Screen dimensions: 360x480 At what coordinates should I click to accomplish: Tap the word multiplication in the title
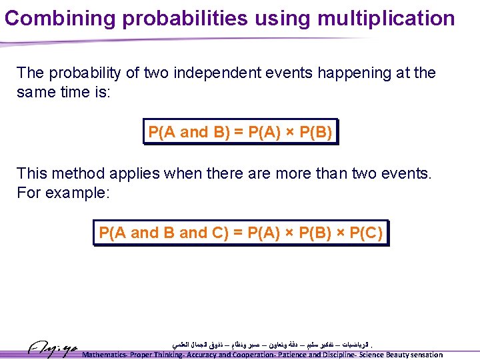[387, 18]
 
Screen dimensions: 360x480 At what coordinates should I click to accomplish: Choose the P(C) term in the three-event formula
[365, 233]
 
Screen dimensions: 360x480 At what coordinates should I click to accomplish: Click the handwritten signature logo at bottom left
[53, 348]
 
